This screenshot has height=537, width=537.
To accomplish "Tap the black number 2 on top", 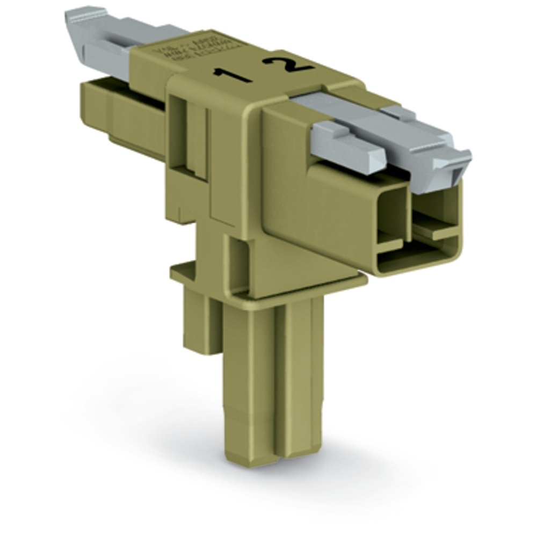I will [x=288, y=63].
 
